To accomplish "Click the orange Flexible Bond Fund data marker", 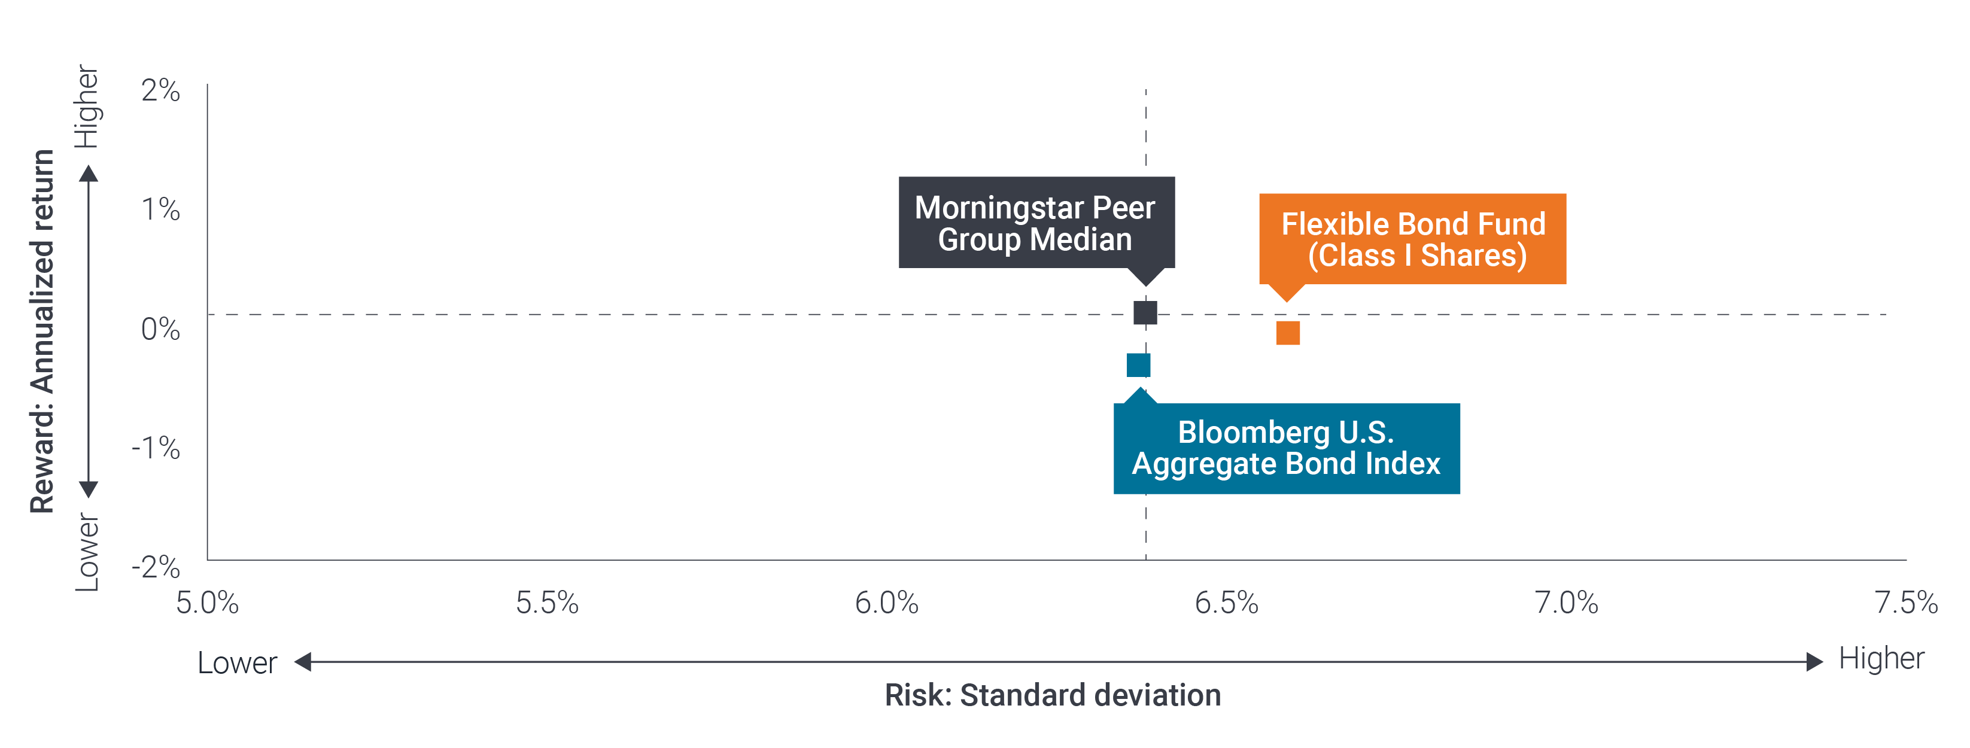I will pos(1288,333).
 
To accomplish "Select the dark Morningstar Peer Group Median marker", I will pos(1145,313).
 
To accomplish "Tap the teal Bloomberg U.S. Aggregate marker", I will pos(1138,366).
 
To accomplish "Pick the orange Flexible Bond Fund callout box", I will pos(1412,239).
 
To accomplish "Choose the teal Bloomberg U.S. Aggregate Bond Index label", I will pos(1287,448).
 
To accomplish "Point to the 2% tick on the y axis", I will pos(160,90).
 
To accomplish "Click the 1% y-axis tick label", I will pos(160,209).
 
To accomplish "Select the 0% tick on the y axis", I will pos(160,329).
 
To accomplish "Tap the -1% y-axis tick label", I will pos(156,448).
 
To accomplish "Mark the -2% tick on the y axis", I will pos(156,567).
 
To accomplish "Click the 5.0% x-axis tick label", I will pos(207,603).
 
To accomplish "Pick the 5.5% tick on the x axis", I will pos(547,603).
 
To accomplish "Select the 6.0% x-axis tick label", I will pos(886,603).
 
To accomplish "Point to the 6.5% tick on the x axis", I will pos(1226,603).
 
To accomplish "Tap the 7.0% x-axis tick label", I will pos(1566,603).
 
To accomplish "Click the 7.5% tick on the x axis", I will pos(1906,603).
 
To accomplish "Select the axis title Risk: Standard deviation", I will pos(1052,695).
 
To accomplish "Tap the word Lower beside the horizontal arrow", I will pos(237,662).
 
